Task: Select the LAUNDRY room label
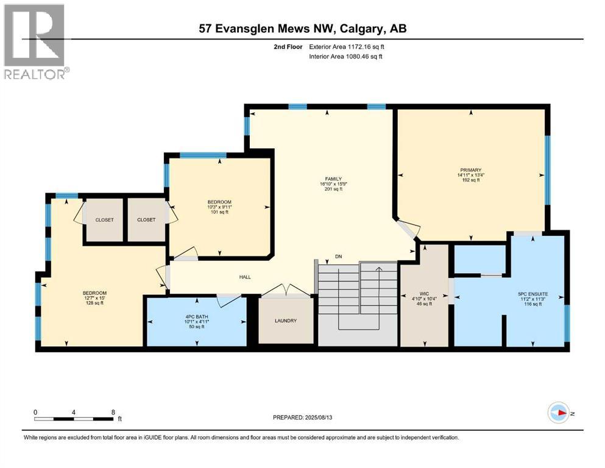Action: [285, 321]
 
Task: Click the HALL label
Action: [245, 277]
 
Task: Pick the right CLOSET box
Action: [146, 220]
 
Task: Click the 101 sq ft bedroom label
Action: [219, 207]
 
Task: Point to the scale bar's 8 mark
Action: [113, 412]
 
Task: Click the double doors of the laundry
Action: [285, 291]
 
